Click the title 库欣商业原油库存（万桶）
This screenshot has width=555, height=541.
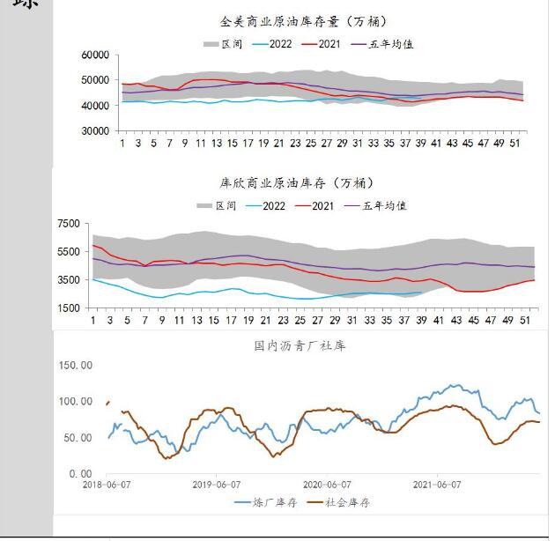point(296,182)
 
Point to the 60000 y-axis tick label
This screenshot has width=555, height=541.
point(94,55)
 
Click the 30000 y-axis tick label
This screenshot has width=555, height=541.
point(94,130)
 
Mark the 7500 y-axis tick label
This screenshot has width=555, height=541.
point(69,224)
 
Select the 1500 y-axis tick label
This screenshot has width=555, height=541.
point(69,308)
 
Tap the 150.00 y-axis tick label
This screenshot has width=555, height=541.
point(76,364)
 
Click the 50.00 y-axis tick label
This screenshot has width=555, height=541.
point(78,438)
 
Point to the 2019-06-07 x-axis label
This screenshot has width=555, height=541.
point(217,484)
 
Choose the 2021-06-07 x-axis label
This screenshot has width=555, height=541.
point(439,484)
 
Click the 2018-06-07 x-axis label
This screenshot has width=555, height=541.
point(107,484)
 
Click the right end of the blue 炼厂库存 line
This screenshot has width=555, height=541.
point(539,412)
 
